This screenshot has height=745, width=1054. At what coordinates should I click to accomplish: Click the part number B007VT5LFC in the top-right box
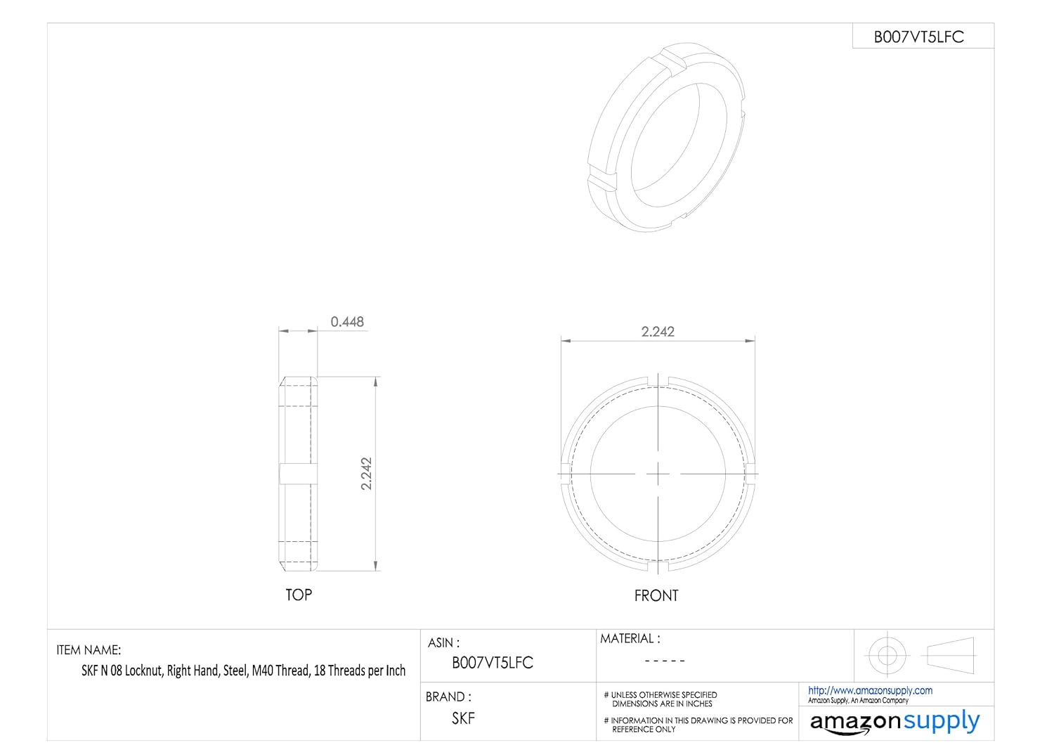pos(918,37)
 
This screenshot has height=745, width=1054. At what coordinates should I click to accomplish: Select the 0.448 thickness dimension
pos(347,322)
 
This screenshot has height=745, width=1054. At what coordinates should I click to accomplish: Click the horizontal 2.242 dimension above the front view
pos(658,332)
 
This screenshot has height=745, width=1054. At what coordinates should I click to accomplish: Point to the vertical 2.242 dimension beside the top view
pos(366,474)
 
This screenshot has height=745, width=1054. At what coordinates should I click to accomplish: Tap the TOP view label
pos(299,595)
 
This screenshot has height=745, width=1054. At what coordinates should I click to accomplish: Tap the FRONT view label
pos(656,596)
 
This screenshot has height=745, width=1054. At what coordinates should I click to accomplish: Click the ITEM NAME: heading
pos(89,650)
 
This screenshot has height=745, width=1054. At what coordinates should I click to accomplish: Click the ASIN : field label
pos(443,642)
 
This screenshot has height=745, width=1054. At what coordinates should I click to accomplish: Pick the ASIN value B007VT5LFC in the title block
pos(492,663)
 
